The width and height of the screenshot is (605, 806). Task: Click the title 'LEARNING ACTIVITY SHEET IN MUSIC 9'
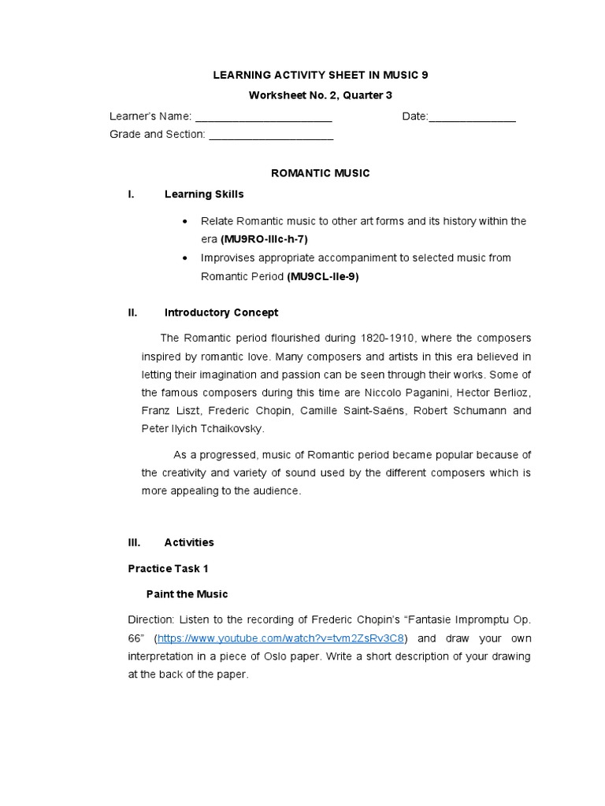point(321,75)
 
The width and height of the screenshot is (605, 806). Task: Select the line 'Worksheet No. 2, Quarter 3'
point(321,95)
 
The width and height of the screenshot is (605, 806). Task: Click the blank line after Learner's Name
point(263,117)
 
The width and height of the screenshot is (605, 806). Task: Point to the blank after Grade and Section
point(271,135)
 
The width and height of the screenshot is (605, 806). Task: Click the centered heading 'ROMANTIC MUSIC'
point(320,173)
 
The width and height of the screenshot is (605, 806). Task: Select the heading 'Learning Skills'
point(204,194)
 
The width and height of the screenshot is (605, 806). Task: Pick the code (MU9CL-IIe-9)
point(323,276)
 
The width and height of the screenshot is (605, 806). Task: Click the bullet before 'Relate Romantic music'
point(184,222)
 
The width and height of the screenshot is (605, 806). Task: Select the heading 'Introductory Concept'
point(221,312)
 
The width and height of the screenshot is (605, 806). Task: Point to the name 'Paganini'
point(413,392)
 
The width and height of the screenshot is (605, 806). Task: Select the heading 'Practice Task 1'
point(168,568)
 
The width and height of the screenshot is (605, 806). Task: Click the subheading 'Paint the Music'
point(187,593)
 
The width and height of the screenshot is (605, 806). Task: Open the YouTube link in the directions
point(281,638)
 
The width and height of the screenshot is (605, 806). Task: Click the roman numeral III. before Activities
point(134,542)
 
